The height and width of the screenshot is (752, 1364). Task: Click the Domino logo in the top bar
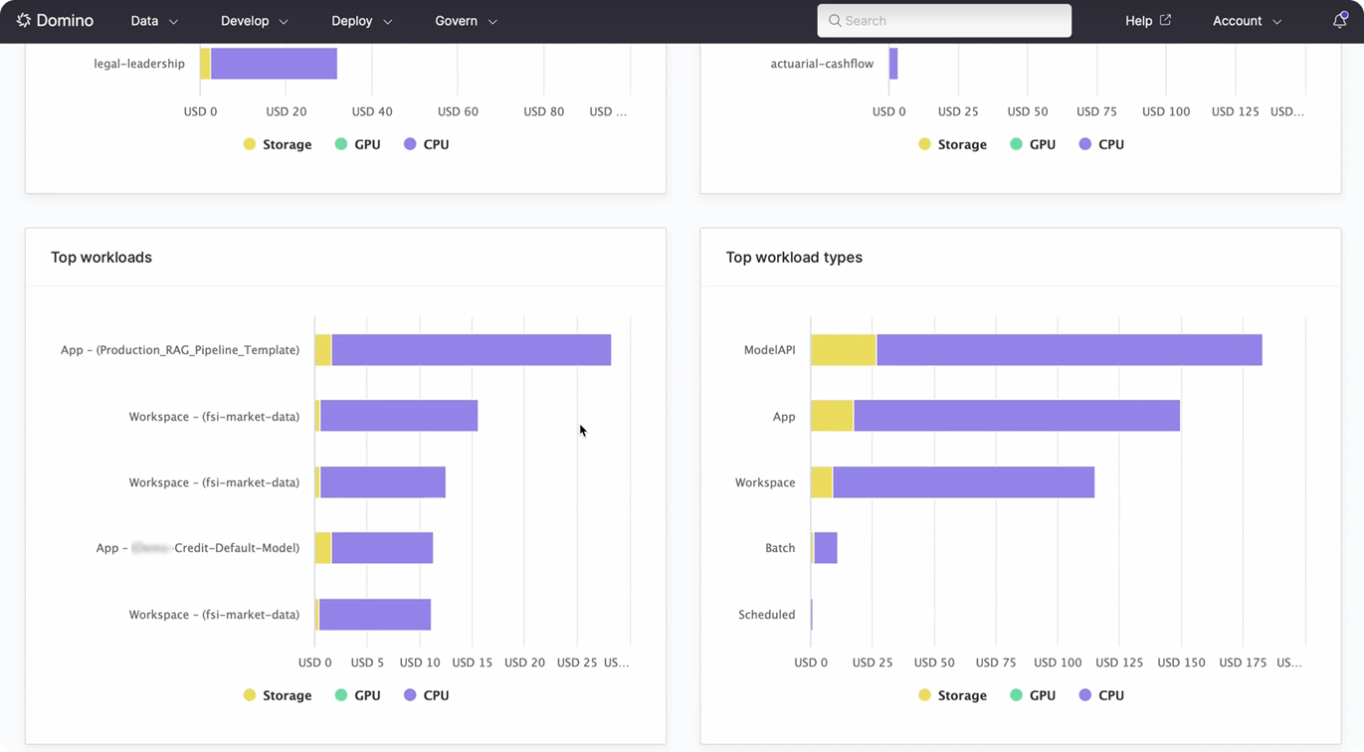click(55, 21)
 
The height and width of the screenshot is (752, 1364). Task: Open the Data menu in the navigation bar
click(154, 21)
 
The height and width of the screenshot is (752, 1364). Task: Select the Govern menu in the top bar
click(466, 21)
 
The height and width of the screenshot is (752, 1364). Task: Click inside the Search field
click(944, 21)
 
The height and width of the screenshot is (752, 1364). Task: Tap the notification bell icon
click(1339, 21)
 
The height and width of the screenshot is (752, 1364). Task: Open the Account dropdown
click(1247, 21)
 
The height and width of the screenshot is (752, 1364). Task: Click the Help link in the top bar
click(1147, 21)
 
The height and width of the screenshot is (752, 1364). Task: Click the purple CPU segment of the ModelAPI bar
click(1069, 350)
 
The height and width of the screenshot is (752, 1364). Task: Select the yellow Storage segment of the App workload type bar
click(832, 416)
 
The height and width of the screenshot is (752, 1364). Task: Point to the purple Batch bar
click(826, 548)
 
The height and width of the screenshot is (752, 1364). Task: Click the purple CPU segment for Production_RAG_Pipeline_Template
click(471, 350)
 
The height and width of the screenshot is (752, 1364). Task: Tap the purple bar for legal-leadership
click(274, 64)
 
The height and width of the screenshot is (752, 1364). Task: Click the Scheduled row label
click(766, 615)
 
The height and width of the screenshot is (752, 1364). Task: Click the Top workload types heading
click(794, 258)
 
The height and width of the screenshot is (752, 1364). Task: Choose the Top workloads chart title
click(101, 258)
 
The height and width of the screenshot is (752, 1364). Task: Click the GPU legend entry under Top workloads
click(357, 695)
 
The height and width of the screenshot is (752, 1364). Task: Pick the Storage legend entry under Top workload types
click(952, 695)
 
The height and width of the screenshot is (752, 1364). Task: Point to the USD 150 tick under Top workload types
click(1181, 662)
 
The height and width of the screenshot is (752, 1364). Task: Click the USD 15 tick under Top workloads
click(472, 662)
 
